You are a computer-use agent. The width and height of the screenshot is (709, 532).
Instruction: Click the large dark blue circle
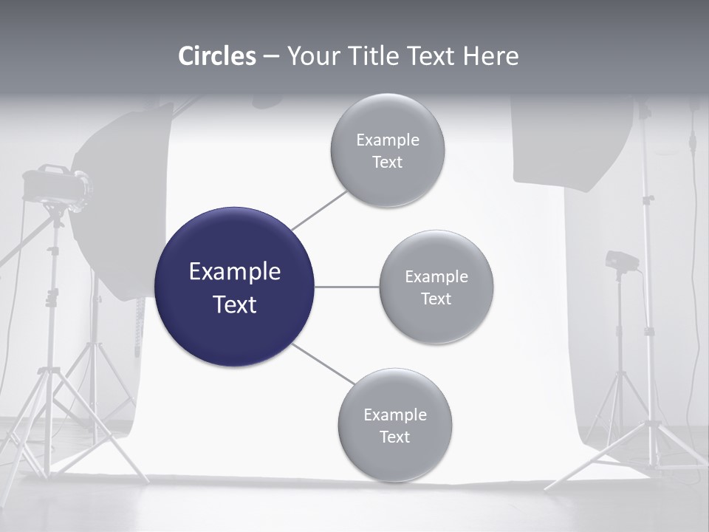pos(234,287)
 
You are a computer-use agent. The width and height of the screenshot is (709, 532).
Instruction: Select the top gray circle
pos(387,150)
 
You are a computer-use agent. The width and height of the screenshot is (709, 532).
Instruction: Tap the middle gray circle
pos(436,287)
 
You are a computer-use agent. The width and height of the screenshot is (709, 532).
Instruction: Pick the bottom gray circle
pos(394,425)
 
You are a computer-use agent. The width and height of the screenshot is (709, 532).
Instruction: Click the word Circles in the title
pos(217,55)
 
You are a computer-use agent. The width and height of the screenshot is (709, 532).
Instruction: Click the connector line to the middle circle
pos(346,287)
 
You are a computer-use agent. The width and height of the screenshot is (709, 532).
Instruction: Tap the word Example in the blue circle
pos(235,272)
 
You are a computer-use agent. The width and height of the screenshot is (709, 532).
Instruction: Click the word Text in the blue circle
pos(235,304)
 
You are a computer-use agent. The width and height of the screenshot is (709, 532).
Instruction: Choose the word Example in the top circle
pos(388,140)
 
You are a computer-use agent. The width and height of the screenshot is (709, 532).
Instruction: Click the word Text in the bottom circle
pos(394,437)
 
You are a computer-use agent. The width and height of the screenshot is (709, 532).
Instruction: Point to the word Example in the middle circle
pos(436,276)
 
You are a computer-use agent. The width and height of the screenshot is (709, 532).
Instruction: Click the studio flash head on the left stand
pos(55,185)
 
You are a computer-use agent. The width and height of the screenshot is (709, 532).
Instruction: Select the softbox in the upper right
pos(573,144)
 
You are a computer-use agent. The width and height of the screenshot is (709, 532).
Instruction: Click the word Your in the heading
pos(310,55)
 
